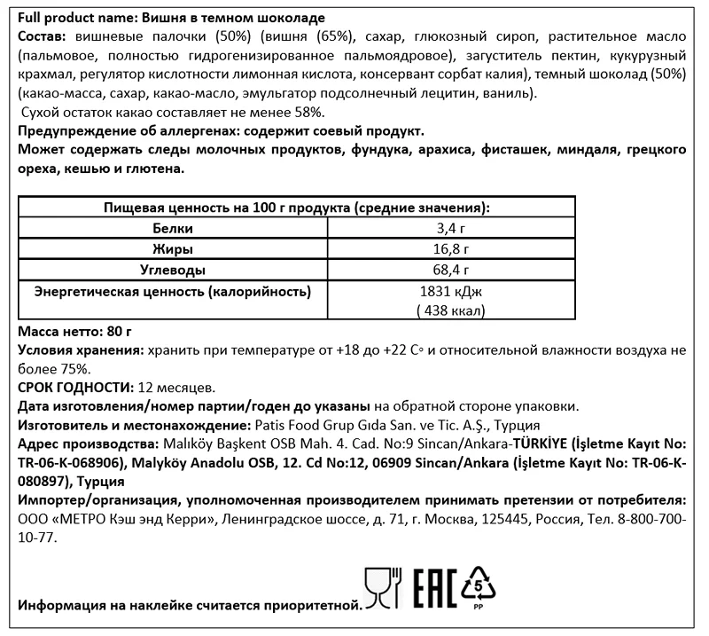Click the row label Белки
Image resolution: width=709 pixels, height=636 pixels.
pos(173,229)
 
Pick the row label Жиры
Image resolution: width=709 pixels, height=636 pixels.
pos(173,249)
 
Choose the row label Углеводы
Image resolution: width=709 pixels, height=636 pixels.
pos(173,270)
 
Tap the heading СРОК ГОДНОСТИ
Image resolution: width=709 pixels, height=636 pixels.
pos(74,388)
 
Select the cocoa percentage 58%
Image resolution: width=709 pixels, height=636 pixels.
pos(309,111)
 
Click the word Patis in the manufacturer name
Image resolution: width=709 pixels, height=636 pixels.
pos(271,425)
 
